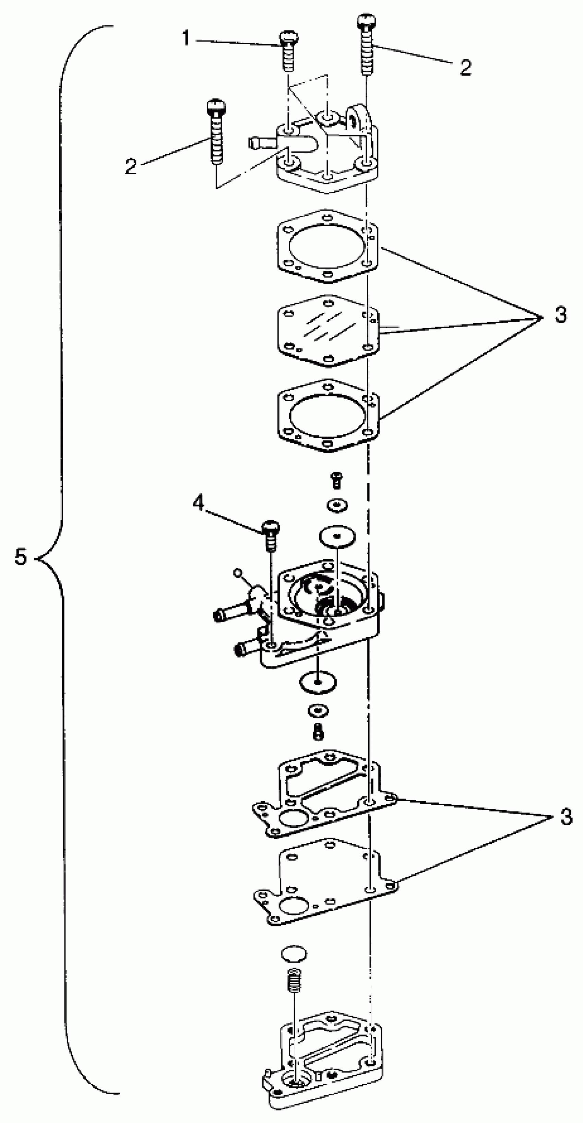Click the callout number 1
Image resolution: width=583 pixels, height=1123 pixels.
tap(186, 38)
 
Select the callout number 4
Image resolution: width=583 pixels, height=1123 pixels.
tap(198, 504)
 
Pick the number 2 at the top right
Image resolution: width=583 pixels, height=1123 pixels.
tap(466, 68)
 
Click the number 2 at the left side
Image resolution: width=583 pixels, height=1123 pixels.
tap(130, 166)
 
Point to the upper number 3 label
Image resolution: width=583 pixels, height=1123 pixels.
tap(561, 314)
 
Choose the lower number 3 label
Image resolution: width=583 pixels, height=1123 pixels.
tap(566, 817)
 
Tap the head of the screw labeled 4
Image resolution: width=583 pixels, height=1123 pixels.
tap(271, 528)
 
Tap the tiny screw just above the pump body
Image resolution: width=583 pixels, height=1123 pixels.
tap(336, 480)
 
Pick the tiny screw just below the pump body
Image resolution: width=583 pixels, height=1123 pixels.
tap(318, 732)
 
